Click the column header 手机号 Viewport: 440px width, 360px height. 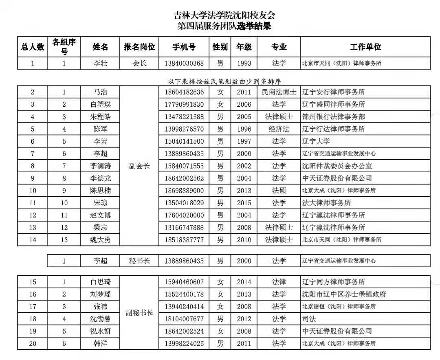184,47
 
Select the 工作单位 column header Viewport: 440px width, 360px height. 365,47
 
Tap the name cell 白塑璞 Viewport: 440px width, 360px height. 101,104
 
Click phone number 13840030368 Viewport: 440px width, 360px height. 184,63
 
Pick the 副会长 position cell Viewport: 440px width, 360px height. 139,166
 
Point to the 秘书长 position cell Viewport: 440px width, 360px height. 139,261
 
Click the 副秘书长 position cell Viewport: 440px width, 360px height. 139,313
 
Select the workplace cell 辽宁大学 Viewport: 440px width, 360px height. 316,141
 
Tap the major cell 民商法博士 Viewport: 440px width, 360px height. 279,92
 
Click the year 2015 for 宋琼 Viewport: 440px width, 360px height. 244,203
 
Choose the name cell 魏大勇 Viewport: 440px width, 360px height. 101,240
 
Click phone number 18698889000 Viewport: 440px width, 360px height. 184,191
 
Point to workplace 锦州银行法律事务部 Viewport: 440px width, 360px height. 333,117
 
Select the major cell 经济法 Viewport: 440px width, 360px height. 279,129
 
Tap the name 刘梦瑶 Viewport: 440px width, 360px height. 101,294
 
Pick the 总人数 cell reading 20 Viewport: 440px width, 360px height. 33,344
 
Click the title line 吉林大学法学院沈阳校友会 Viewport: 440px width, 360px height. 224,15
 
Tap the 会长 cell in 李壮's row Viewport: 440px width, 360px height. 139,63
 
